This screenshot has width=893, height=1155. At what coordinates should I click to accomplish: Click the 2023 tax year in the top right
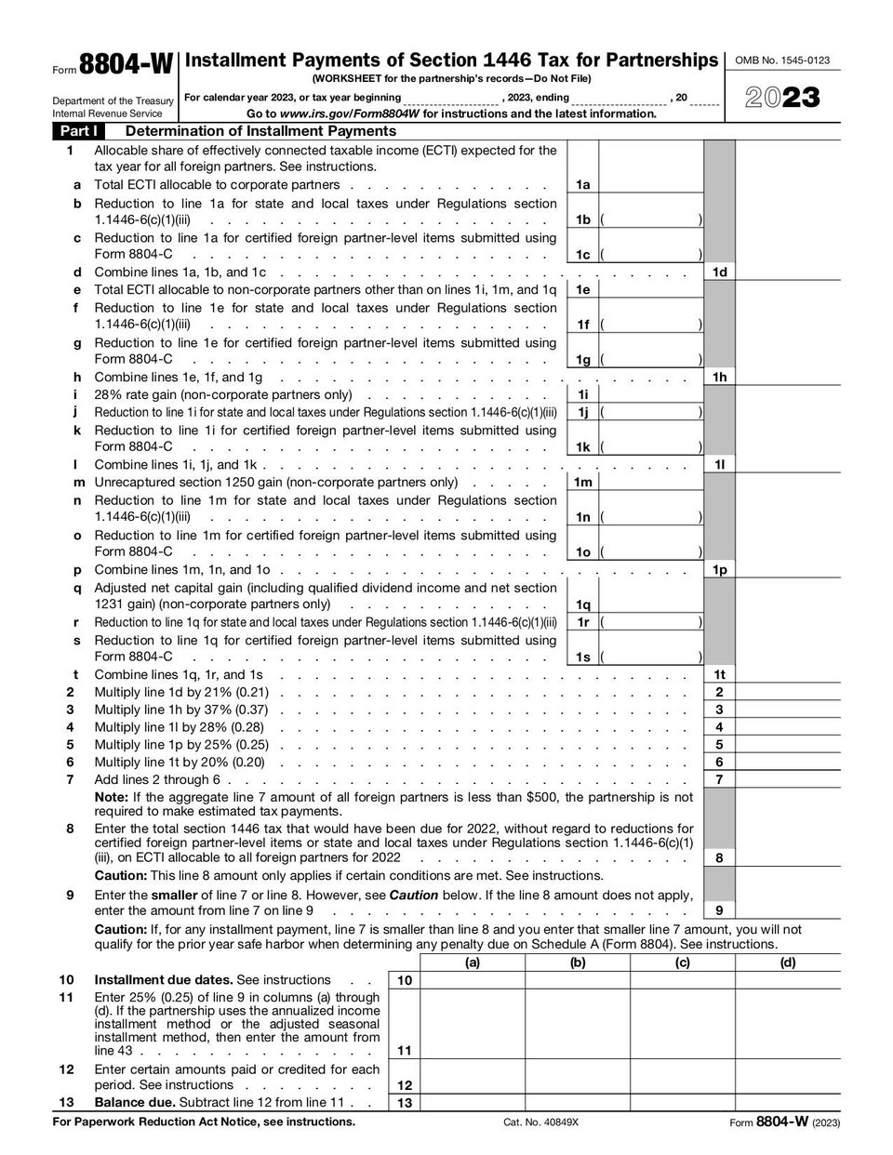coord(781,98)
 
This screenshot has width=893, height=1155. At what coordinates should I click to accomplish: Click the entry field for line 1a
coord(651,185)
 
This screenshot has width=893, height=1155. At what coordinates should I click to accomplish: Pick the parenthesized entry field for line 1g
coord(651,360)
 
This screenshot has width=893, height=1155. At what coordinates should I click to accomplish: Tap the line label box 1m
coord(583,483)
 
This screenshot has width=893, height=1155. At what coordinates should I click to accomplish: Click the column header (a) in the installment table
coord(473,962)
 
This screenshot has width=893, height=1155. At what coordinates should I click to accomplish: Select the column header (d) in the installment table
coord(788,962)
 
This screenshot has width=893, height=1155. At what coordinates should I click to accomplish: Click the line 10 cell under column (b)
coord(578,980)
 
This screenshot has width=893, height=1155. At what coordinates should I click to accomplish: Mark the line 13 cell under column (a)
coord(473,1103)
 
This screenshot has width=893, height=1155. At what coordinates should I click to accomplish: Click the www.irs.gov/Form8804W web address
coord(350,114)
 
